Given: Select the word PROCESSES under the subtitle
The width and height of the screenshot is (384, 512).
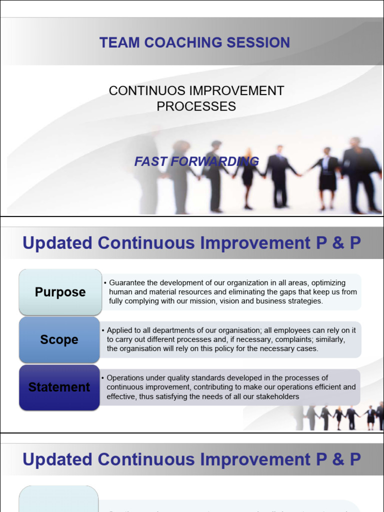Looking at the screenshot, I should (x=196, y=106).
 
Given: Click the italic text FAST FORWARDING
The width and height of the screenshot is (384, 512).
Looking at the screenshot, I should (x=196, y=161).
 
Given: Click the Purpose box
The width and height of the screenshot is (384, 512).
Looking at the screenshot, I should (x=60, y=292).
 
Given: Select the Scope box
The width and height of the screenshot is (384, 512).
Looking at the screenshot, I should (x=59, y=340).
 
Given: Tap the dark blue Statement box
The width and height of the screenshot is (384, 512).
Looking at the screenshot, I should (x=59, y=387).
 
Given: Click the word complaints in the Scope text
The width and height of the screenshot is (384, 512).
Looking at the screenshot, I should (x=276, y=339).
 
